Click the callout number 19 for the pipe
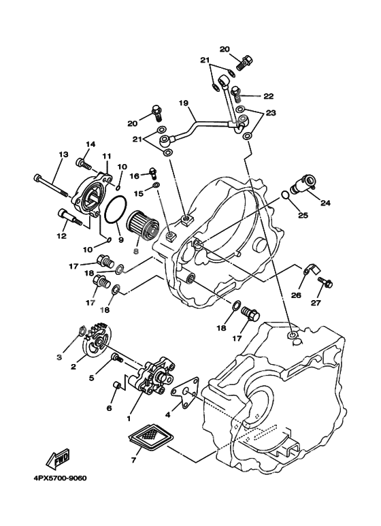[x=183, y=104]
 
